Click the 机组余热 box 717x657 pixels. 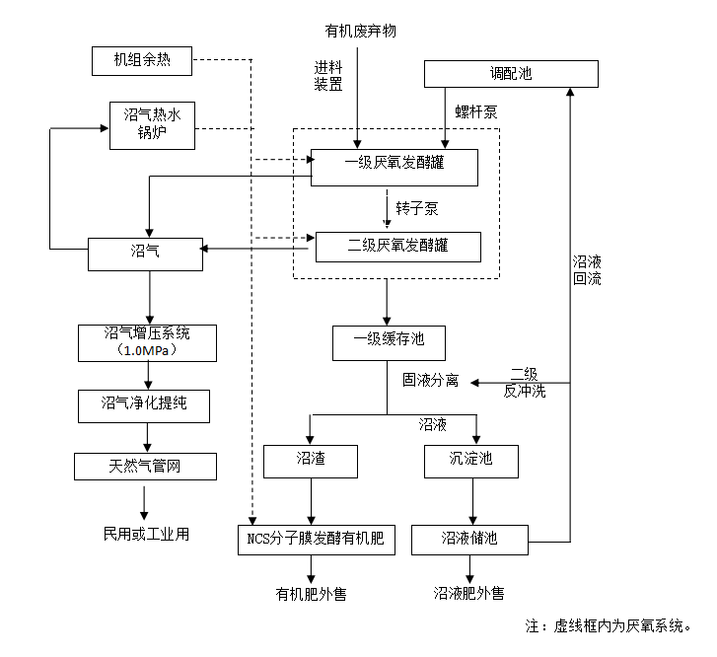(142, 62)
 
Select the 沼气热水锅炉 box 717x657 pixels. (152, 124)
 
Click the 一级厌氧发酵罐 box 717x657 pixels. (394, 166)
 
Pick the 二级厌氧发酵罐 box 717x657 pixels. (397, 245)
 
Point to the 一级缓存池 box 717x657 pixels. (389, 340)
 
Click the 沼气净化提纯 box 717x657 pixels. (144, 403)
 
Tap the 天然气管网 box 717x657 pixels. (145, 466)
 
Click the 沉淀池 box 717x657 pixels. (470, 462)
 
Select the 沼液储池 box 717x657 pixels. (469, 539)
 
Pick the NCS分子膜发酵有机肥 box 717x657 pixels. (317, 539)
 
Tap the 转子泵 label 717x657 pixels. (416, 209)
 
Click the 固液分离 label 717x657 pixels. (430, 381)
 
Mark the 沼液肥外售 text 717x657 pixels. (468, 594)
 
